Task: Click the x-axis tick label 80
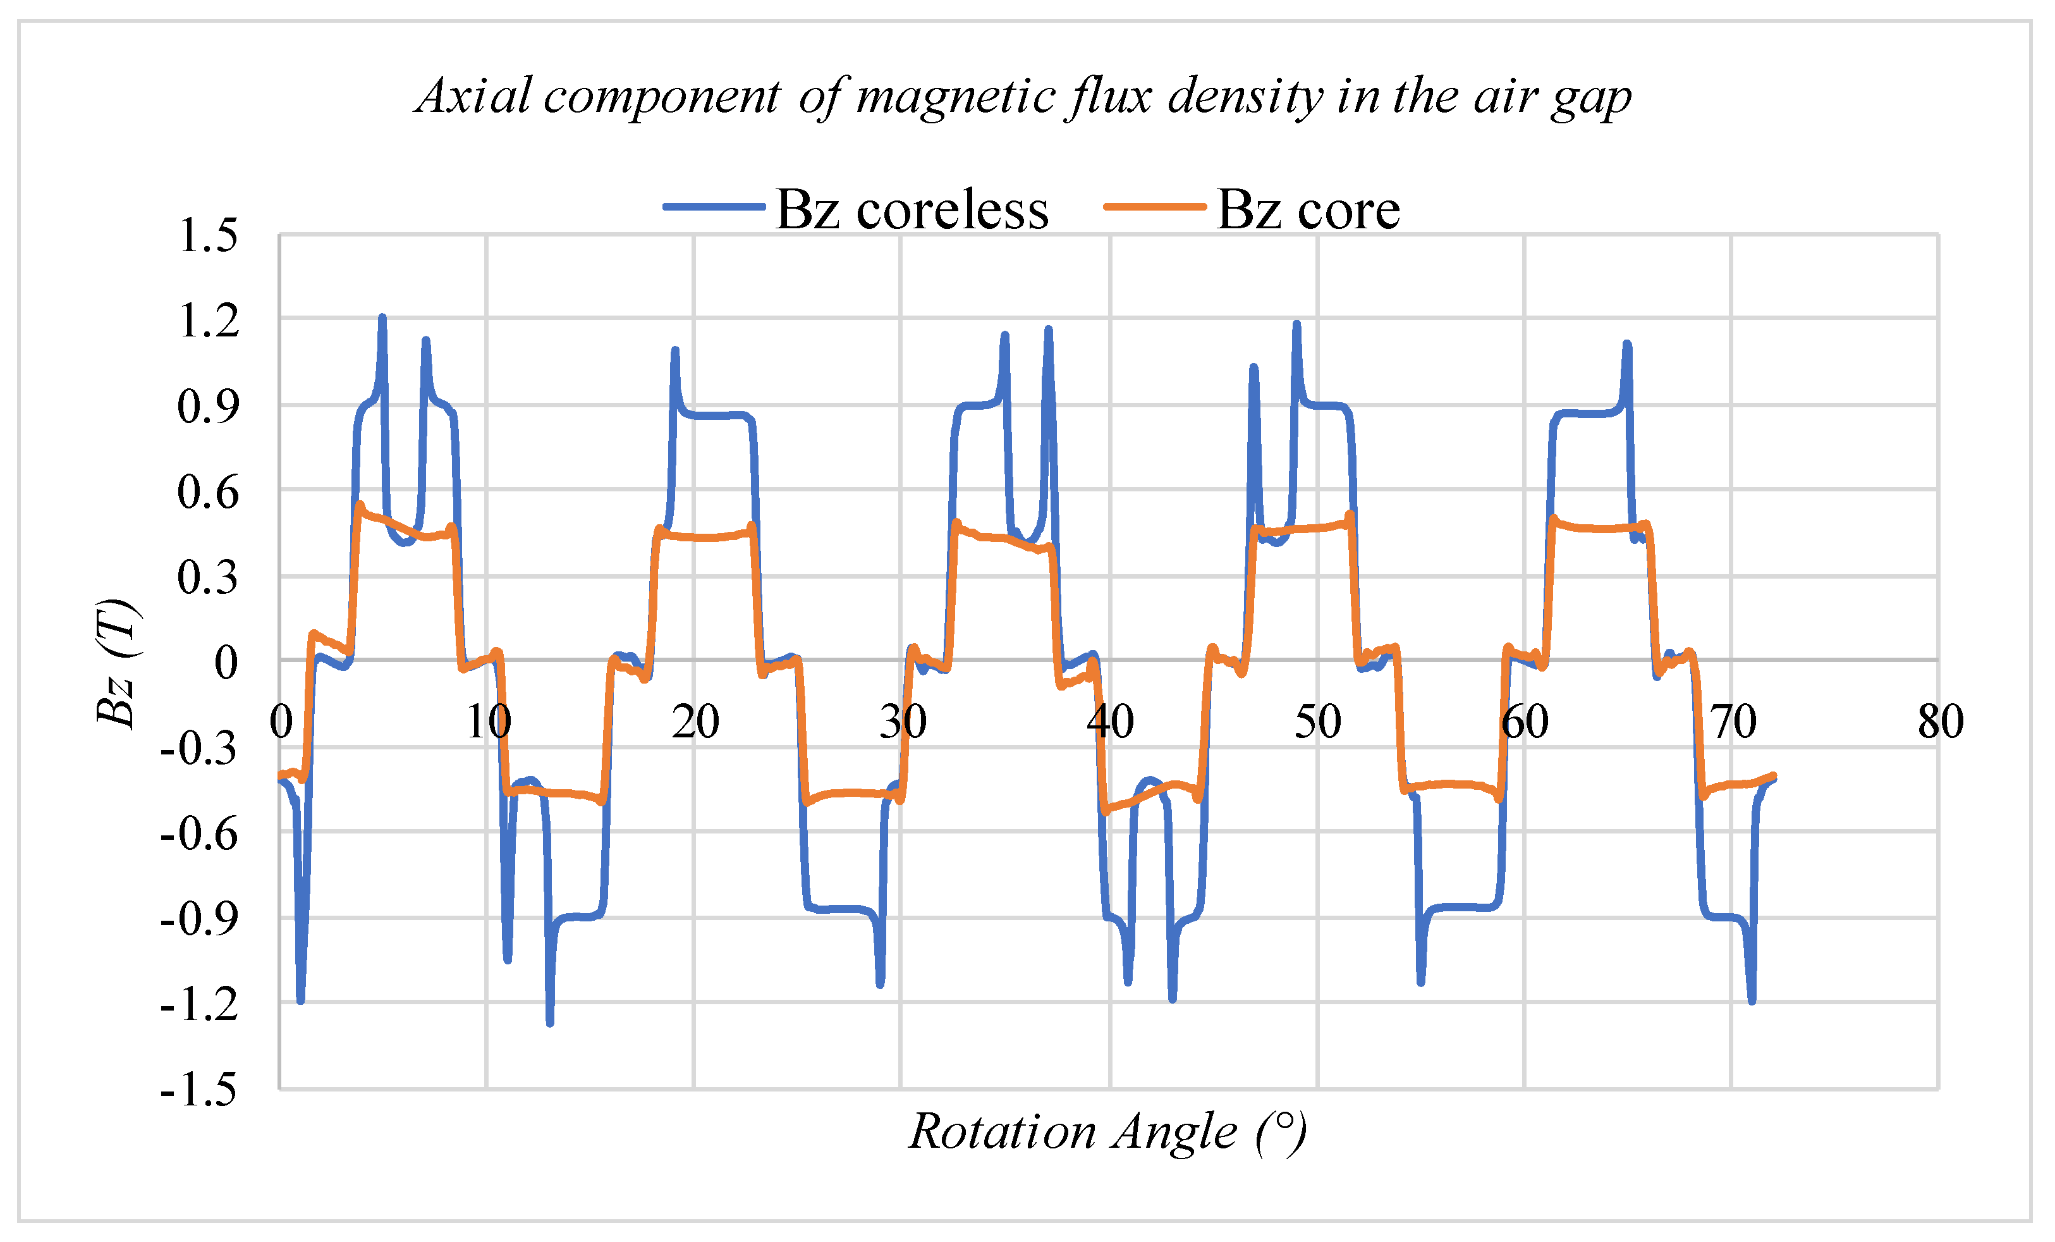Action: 1940,722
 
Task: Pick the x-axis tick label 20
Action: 695,722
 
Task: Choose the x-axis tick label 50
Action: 1318,722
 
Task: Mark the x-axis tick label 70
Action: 1733,722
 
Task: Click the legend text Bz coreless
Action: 912,209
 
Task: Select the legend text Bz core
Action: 1308,209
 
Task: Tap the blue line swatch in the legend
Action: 714,206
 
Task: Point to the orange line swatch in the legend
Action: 1154,206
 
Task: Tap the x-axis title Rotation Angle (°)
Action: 1107,1132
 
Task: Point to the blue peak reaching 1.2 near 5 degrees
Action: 382,319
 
